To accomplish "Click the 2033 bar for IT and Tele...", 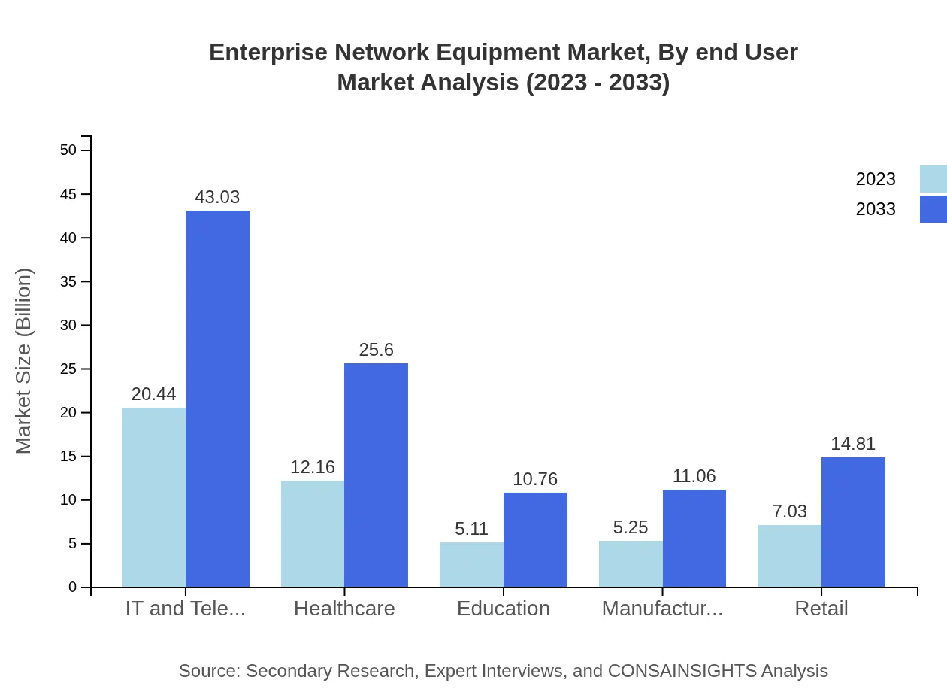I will click(x=217, y=399).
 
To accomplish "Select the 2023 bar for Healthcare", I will click(x=312, y=534).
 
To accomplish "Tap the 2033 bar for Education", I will click(x=535, y=540).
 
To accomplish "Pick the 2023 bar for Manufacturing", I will click(x=631, y=564).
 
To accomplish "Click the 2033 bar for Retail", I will click(x=853, y=522).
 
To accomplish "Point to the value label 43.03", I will click(x=217, y=197).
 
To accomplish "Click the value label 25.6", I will click(x=376, y=350).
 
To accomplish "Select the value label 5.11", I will click(x=471, y=529).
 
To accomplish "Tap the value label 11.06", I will click(x=694, y=476).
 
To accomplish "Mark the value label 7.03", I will click(x=789, y=511).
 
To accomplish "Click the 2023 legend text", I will click(x=876, y=179).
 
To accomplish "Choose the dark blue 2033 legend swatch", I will click(x=933, y=209).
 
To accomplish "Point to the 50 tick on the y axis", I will click(x=68, y=150).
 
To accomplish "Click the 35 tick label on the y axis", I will click(x=68, y=282).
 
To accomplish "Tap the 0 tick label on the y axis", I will click(x=73, y=587).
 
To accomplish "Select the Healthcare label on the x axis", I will click(x=344, y=609).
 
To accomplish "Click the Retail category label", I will click(x=821, y=609).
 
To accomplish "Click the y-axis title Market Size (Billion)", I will click(x=24, y=361).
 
